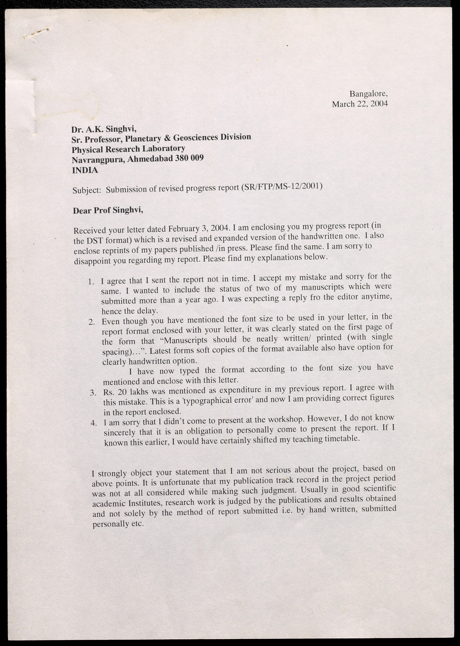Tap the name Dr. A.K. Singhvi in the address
point(104,129)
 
